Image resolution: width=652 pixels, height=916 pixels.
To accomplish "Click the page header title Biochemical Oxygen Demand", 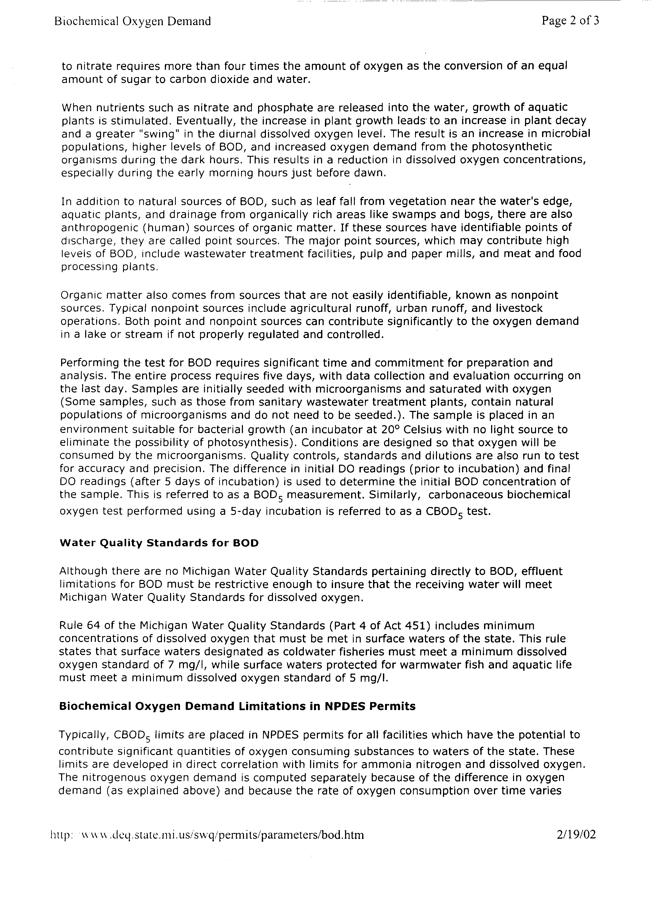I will (132, 21).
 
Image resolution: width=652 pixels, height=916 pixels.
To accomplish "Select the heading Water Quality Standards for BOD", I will (159, 543).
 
